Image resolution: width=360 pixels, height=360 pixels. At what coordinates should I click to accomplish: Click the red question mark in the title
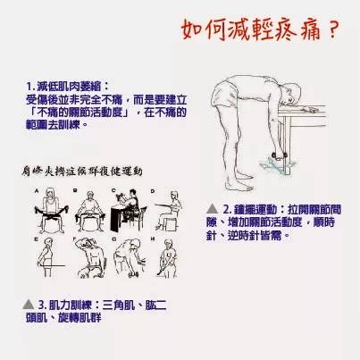pyautogui.click(x=332, y=31)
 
